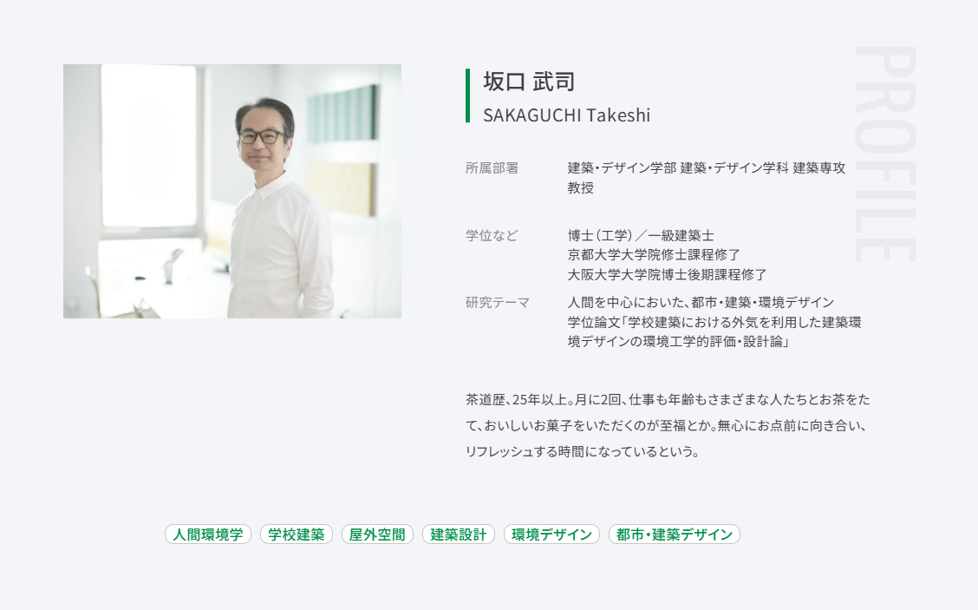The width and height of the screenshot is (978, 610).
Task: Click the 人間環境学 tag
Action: tap(208, 535)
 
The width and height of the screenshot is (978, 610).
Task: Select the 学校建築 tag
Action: tap(297, 535)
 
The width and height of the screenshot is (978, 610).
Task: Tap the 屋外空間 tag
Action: tap(377, 535)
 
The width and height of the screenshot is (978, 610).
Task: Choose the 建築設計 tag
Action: tap(459, 535)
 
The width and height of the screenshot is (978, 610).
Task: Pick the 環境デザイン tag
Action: tap(551, 535)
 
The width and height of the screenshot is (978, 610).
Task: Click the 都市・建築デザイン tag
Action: tap(675, 535)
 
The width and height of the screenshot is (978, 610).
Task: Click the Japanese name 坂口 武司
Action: tap(529, 82)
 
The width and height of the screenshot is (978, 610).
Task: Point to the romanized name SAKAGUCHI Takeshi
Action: tap(566, 115)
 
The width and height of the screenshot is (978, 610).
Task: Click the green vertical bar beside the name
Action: tap(468, 95)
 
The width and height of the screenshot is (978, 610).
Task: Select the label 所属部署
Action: tap(492, 168)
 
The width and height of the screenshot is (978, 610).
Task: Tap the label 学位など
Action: tap(492, 235)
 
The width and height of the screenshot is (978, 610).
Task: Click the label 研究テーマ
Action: tap(498, 303)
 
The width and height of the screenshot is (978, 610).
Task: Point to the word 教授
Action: tap(581, 188)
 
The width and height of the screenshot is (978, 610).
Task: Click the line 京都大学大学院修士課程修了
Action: tap(654, 255)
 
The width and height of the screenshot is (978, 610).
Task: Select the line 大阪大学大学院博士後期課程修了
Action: tap(667, 275)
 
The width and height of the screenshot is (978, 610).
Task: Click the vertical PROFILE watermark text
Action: tap(885, 154)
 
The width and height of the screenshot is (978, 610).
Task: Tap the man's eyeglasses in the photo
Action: tap(262, 136)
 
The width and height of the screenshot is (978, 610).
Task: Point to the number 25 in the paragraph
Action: tap(519, 400)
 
